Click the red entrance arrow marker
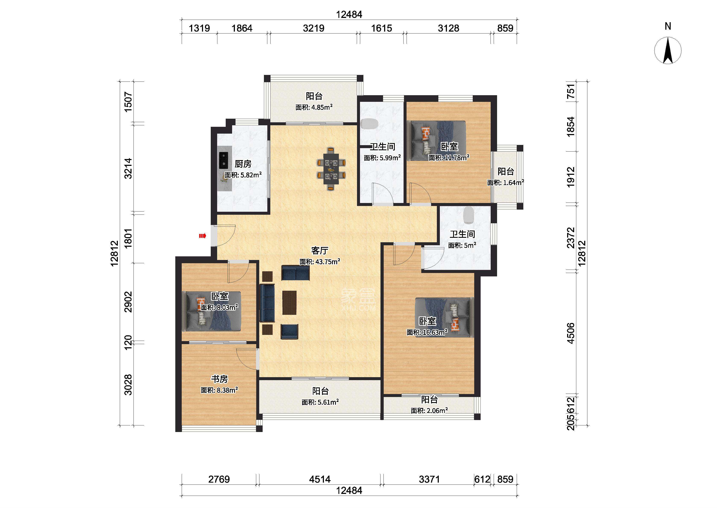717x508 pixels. (x=203, y=236)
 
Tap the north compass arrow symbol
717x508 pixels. (x=668, y=50)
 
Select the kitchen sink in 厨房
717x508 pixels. (x=223, y=160)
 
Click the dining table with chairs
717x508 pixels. (x=331, y=169)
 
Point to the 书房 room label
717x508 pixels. (x=219, y=379)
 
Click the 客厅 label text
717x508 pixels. (x=320, y=251)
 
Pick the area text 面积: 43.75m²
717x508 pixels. (x=320, y=262)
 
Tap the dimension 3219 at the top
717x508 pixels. (x=313, y=28)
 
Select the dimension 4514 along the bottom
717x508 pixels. (x=320, y=479)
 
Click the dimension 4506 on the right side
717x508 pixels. (x=571, y=333)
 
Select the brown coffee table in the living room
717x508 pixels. (x=289, y=302)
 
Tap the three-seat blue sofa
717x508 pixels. (x=267, y=303)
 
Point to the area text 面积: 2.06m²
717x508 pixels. (x=429, y=410)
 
